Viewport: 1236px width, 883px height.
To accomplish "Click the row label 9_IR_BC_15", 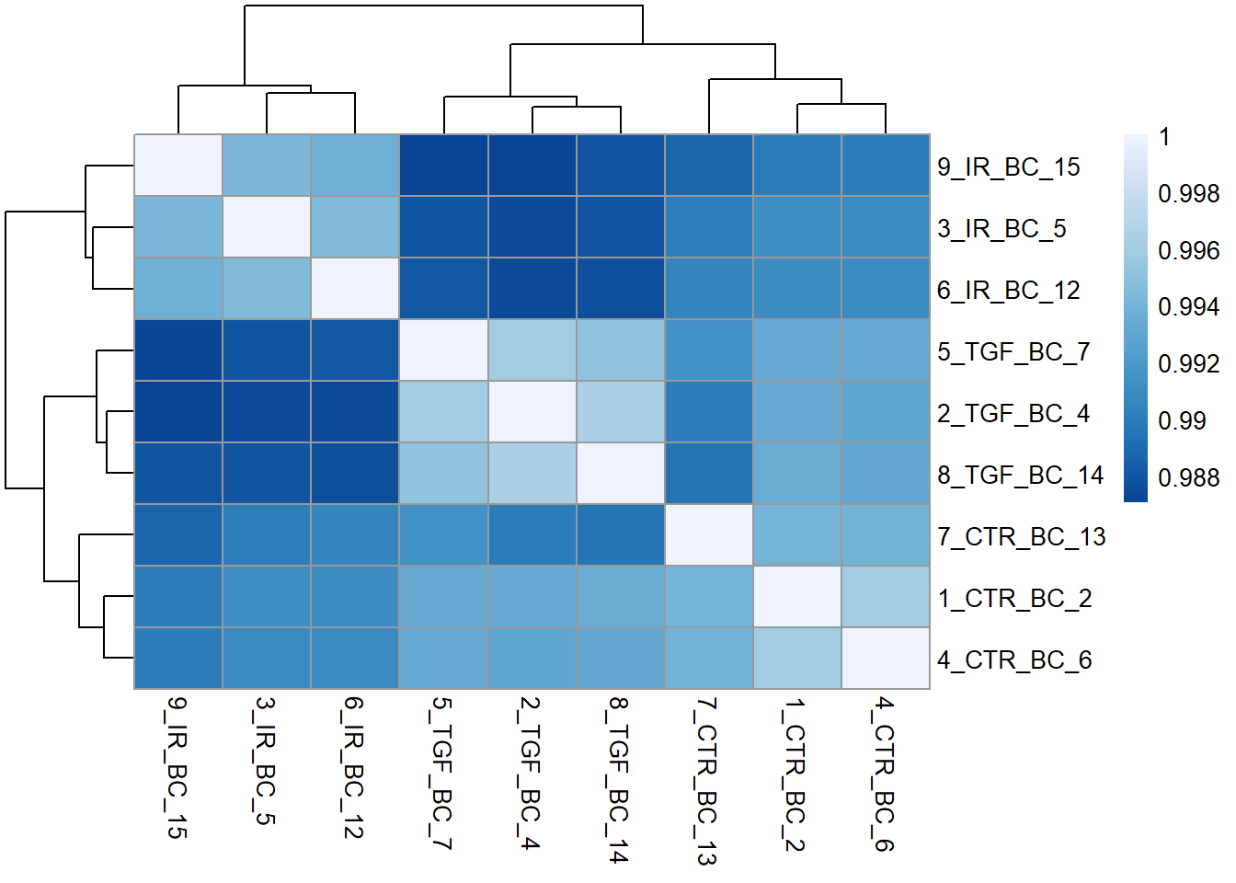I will pyautogui.click(x=1008, y=167).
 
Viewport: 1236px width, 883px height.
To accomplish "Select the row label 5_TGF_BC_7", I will pyautogui.click(x=1013, y=352).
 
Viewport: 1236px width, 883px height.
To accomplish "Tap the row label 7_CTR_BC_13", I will pyautogui.click(x=1021, y=537).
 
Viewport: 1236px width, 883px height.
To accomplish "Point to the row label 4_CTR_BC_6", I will pyautogui.click(x=1013, y=660).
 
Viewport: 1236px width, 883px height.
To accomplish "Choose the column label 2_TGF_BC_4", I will pyautogui.click(x=531, y=772).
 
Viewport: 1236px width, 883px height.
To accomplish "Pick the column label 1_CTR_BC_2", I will pyautogui.click(x=795, y=774).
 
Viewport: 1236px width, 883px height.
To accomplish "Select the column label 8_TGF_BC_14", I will pyautogui.click(x=619, y=779).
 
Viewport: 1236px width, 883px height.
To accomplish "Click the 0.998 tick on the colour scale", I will pyautogui.click(x=1188, y=194).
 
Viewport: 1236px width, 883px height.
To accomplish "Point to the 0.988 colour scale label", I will pyautogui.click(x=1188, y=478).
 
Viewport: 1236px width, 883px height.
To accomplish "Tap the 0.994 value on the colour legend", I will pyautogui.click(x=1188, y=307).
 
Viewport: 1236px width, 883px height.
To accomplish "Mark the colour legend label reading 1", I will pyautogui.click(x=1164, y=138).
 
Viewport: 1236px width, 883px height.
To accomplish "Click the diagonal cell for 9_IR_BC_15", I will pyautogui.click(x=178, y=166).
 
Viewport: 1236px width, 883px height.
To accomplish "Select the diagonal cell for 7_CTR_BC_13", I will pyautogui.click(x=708, y=535).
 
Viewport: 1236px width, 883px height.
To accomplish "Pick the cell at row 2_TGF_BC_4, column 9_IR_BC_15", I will pyautogui.click(x=178, y=412).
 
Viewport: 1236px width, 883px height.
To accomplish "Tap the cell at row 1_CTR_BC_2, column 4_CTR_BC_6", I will pyautogui.click(x=885, y=597).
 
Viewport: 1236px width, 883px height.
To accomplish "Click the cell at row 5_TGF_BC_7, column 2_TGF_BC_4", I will pyautogui.click(x=532, y=350).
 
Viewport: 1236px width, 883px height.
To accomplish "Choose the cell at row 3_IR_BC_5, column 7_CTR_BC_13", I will pyautogui.click(x=708, y=227).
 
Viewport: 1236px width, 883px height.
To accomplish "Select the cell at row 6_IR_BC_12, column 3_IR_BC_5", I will pyautogui.click(x=267, y=289).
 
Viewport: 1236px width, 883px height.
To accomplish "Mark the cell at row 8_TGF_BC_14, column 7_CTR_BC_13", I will pyautogui.click(x=708, y=474).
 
